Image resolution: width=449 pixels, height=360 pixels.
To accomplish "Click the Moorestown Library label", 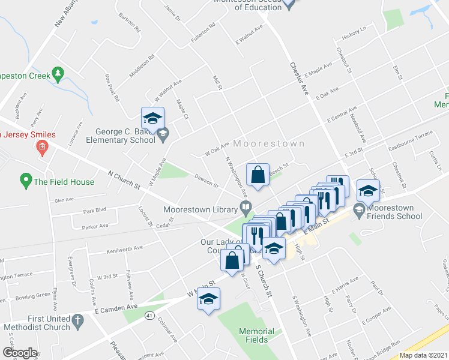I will click(200, 210).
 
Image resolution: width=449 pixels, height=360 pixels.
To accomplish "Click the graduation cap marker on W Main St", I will click(208, 299).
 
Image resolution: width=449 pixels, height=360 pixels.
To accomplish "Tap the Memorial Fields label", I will click(256, 335).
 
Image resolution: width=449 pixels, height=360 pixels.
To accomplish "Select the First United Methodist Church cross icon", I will click(77, 323).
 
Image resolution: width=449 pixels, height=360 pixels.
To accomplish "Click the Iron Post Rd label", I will click(112, 88).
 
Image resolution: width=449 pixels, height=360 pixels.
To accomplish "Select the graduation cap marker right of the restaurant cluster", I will click(367, 190).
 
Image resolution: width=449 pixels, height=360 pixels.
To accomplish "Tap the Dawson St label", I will click(206, 181).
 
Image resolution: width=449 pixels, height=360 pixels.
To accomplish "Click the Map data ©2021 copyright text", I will click(424, 355).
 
